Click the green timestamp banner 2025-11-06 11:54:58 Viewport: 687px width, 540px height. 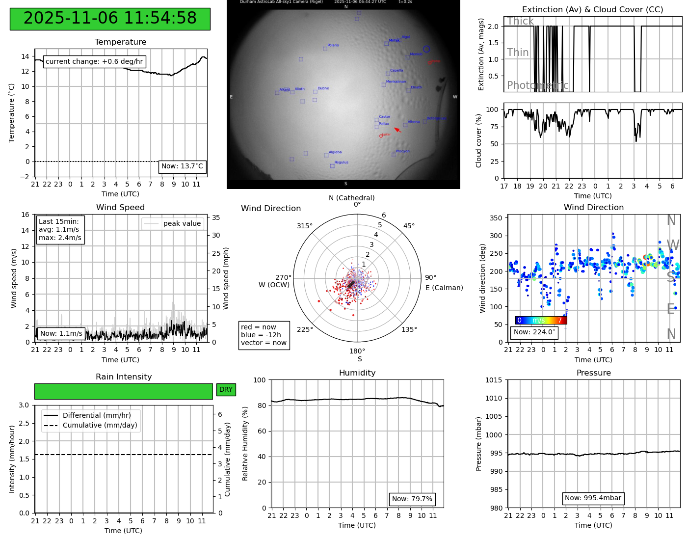(110, 19)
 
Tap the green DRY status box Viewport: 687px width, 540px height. (226, 390)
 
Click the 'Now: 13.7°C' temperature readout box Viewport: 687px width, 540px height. (182, 166)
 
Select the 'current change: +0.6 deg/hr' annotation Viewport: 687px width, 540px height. (94, 61)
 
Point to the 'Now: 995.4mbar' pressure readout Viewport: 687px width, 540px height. (593, 498)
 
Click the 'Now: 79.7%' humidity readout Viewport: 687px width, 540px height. (412, 499)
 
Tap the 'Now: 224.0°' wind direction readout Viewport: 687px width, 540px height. (534, 332)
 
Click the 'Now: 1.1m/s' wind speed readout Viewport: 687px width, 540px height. (61, 334)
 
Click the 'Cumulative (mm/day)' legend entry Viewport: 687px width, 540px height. (100, 426)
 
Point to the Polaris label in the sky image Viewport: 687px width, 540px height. (333, 45)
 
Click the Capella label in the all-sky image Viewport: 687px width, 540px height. (396, 71)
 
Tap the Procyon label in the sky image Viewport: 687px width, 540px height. (402, 151)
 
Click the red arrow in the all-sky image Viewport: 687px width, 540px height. (397, 130)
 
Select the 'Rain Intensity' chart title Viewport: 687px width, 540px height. (124, 377)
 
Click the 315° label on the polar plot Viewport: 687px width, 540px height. (304, 226)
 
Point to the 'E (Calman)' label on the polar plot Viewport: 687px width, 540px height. (444, 288)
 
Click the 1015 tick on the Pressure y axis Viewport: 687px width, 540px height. (494, 380)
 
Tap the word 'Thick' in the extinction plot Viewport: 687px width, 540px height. (520, 21)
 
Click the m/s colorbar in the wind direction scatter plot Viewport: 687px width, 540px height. (541, 320)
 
